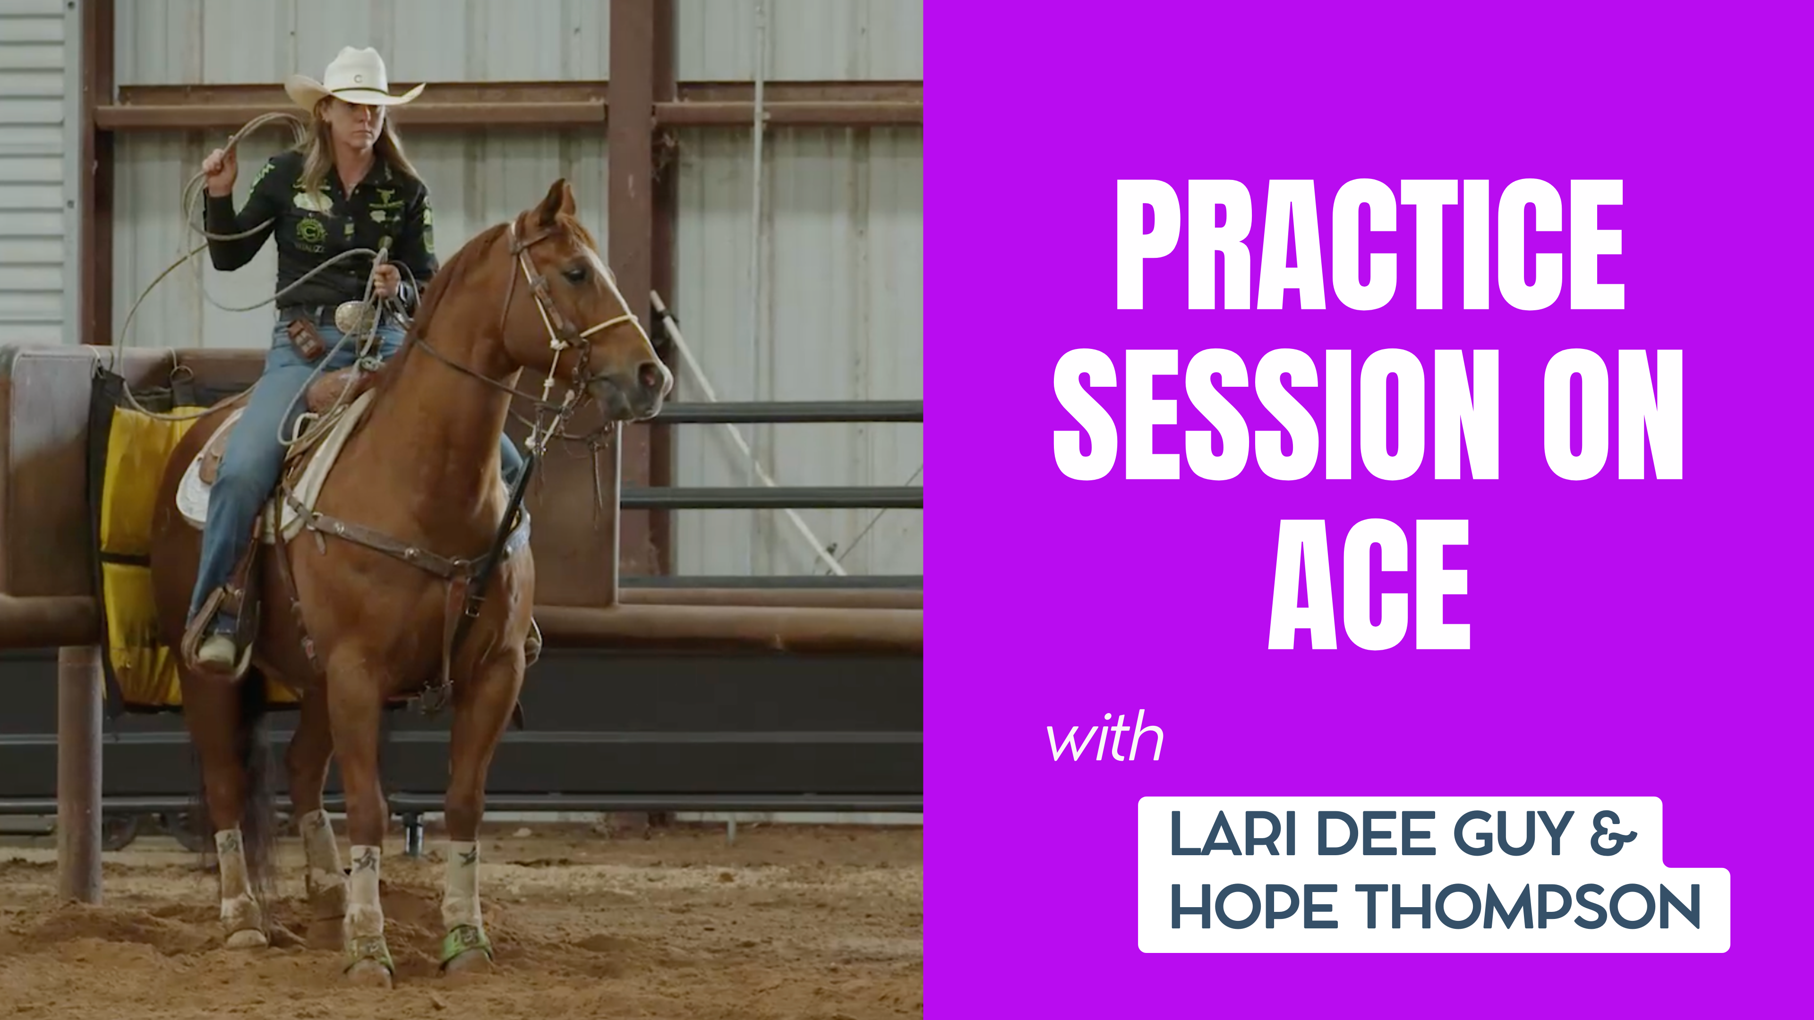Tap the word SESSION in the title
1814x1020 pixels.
click(1275, 416)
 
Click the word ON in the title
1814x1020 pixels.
click(1613, 416)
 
